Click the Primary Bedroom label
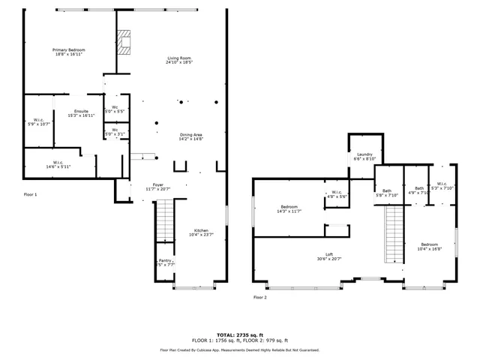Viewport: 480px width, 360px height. pyautogui.click(x=68, y=52)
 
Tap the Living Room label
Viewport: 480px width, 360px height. pyautogui.click(x=178, y=60)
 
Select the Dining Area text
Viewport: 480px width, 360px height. pyautogui.click(x=190, y=136)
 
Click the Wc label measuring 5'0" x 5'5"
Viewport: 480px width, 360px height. pyautogui.click(x=115, y=109)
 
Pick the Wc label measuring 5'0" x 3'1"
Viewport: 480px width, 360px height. pyautogui.click(x=115, y=132)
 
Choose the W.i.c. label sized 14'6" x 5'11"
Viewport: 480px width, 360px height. pyautogui.click(x=57, y=164)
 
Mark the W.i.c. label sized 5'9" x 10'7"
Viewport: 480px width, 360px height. pyautogui.click(x=38, y=122)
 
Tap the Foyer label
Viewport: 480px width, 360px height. pyautogui.click(x=158, y=186)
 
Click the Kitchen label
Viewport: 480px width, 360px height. pyautogui.click(x=202, y=232)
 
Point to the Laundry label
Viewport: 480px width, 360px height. pyautogui.click(x=364, y=156)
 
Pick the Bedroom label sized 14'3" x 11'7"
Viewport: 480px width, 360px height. pyautogui.click(x=290, y=208)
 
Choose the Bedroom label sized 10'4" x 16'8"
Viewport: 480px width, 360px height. pyautogui.click(x=430, y=247)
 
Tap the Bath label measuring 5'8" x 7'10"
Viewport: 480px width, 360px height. pyautogui.click(x=387, y=193)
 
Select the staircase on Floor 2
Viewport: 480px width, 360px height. pyautogui.click(x=394, y=235)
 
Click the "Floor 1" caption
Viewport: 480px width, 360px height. pyautogui.click(x=30, y=194)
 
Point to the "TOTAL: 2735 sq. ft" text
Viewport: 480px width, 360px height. pyautogui.click(x=239, y=334)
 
